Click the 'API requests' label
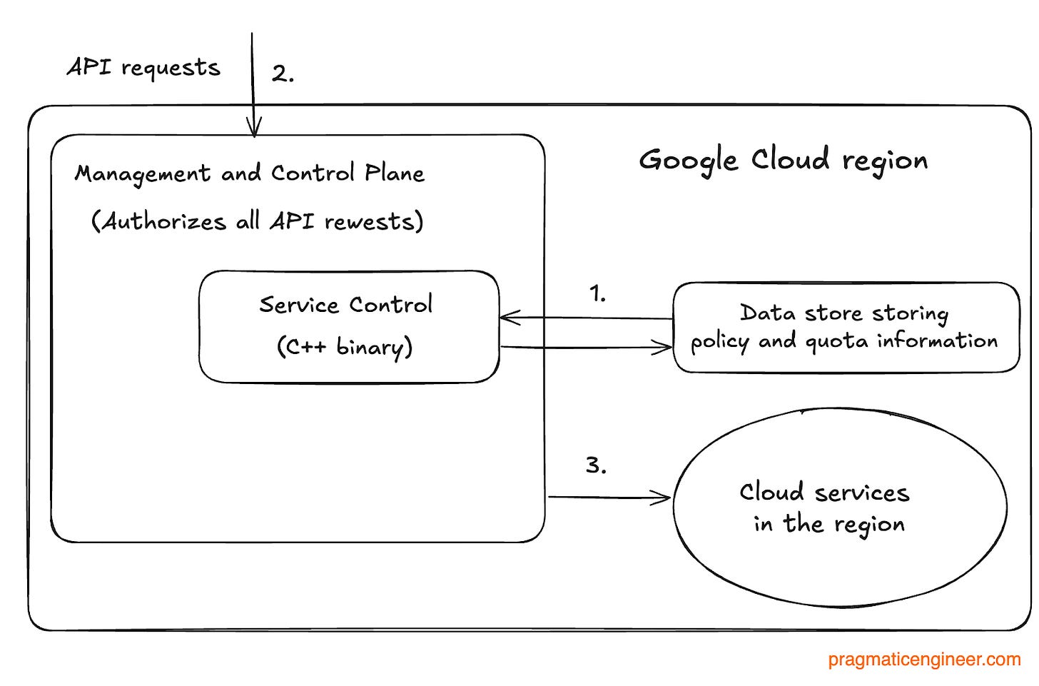(143, 68)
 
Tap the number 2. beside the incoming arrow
(283, 74)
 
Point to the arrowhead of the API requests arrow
(253, 129)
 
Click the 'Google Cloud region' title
(783, 160)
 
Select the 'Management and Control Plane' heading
(250, 173)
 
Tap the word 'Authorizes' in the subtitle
(164, 221)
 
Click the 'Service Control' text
(345, 305)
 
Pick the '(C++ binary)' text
(345, 347)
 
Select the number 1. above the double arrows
(597, 293)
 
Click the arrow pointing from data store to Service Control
(585, 318)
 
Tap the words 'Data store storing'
(844, 313)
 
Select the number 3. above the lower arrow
(596, 465)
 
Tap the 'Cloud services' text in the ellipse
(824, 492)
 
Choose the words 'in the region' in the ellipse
(829, 524)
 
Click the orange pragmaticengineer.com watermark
(924, 660)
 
